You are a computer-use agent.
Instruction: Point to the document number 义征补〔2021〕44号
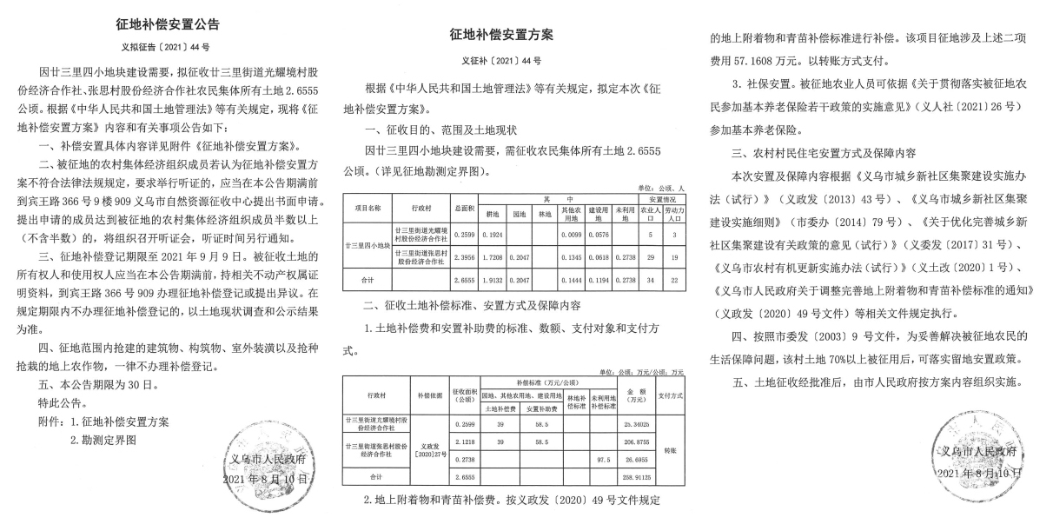coord(501,61)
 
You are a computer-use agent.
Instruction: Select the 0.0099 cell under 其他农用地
coord(569,236)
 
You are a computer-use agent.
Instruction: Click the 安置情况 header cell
coord(659,200)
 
